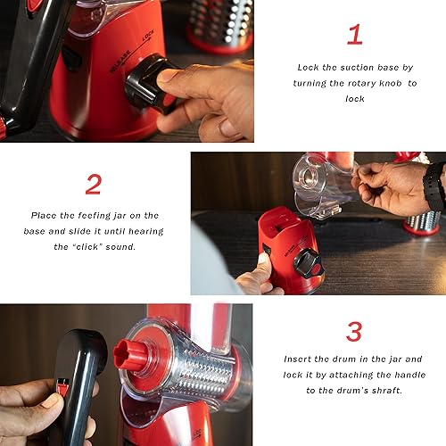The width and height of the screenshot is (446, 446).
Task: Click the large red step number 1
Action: click(355, 35)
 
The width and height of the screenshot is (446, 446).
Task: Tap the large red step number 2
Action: click(94, 185)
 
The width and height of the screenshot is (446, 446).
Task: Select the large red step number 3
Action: click(354, 331)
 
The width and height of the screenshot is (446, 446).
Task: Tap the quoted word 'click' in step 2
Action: click(87, 247)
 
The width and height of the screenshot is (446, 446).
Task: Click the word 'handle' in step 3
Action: click(409, 375)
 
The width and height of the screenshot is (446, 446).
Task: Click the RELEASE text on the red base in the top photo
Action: click(120, 62)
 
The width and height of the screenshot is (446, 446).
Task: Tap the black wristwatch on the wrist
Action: click(434, 187)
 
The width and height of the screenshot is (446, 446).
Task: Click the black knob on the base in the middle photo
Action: click(308, 264)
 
